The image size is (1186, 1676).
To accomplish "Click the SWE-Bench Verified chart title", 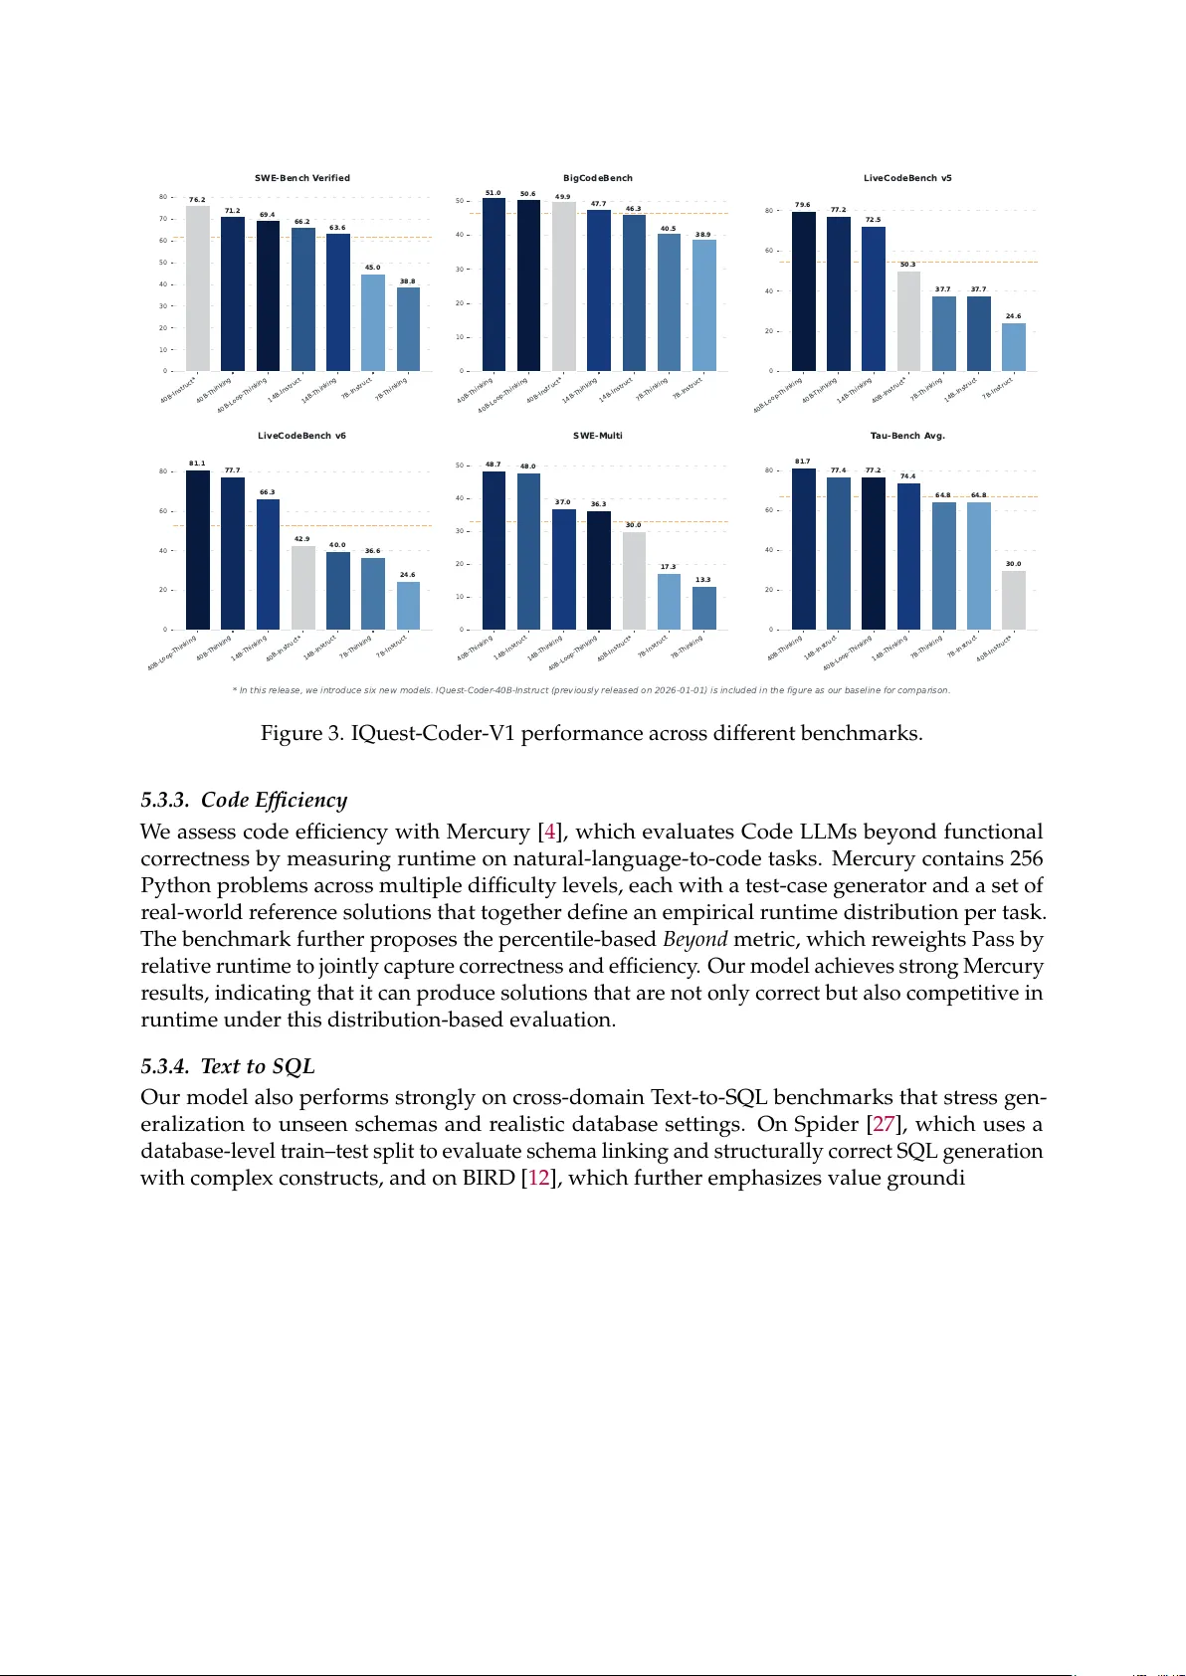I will (x=302, y=178).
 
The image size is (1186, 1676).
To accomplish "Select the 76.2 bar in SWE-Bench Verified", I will (x=198, y=288).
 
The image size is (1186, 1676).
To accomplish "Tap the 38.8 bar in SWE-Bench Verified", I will (x=408, y=329).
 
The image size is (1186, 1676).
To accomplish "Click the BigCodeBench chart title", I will (x=598, y=178).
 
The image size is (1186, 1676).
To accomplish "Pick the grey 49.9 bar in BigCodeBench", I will (x=563, y=286).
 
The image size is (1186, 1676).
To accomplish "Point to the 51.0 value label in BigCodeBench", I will (x=493, y=193).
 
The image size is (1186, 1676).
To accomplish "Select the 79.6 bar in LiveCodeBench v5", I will (x=804, y=291).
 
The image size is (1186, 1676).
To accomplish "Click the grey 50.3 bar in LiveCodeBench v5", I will (x=908, y=321).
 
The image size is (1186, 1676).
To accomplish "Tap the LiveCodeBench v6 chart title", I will (x=302, y=436).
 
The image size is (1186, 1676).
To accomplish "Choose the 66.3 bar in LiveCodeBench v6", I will (x=268, y=564).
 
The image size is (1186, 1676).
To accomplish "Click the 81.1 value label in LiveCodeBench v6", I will (x=197, y=464).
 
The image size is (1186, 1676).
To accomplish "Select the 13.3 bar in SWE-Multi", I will (x=703, y=608).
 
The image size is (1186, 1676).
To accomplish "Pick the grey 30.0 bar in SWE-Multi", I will (x=634, y=581).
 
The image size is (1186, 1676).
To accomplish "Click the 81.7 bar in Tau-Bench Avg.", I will (x=804, y=549).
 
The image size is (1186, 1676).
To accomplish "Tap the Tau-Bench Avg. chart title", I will (x=907, y=436).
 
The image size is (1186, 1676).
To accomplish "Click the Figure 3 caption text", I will (x=591, y=734).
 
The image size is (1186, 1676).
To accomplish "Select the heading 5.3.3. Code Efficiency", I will (x=244, y=801).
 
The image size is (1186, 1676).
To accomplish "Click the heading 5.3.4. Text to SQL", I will (x=228, y=1066).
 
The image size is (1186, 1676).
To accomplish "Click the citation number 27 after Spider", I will (x=884, y=1124).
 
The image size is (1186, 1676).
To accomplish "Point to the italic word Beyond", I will (x=695, y=939).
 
